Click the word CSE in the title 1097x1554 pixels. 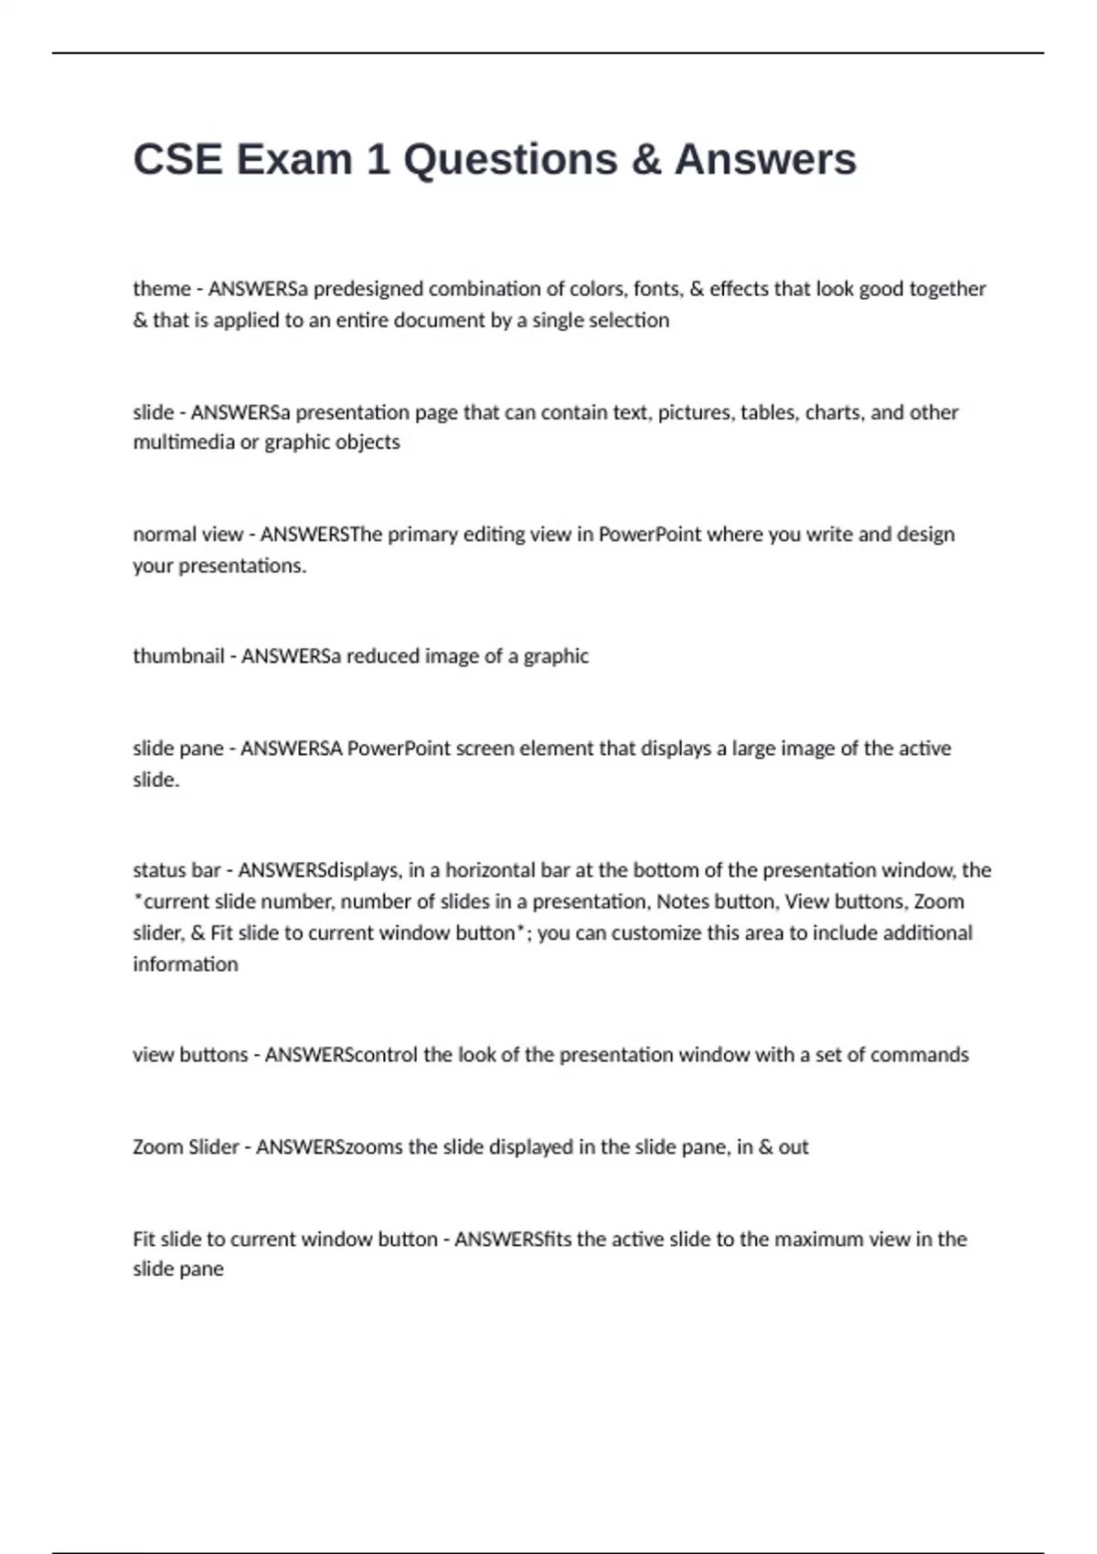click(177, 160)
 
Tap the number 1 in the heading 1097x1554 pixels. click(377, 160)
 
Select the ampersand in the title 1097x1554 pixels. click(645, 160)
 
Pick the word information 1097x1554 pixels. click(186, 964)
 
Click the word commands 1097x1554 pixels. click(919, 1055)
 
